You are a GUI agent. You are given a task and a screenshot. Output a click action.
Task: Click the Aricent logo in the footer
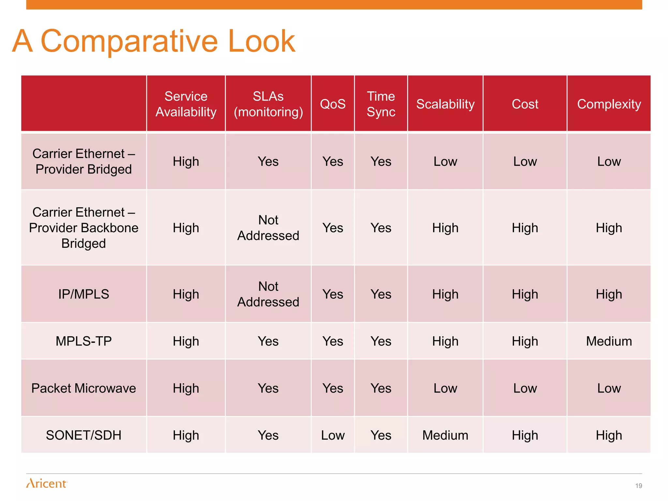pyautogui.click(x=47, y=483)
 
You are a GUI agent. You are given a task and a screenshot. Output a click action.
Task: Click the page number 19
pyautogui.click(x=638, y=486)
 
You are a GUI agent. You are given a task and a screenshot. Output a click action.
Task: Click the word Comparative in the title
pyautogui.click(x=129, y=41)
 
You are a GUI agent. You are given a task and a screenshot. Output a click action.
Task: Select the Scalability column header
pyautogui.click(x=445, y=104)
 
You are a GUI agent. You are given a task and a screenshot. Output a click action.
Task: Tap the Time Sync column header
pyautogui.click(x=381, y=104)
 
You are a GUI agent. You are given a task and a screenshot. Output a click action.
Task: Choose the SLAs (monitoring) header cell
pyautogui.click(x=268, y=104)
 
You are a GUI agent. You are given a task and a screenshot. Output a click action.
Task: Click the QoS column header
pyautogui.click(x=333, y=104)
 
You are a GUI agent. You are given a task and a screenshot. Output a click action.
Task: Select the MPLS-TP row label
pyautogui.click(x=83, y=341)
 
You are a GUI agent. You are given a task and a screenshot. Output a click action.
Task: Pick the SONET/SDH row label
pyautogui.click(x=83, y=435)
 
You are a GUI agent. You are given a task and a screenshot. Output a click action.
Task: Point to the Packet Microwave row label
pyautogui.click(x=83, y=388)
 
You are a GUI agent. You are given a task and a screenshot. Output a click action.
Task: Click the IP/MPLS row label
pyautogui.click(x=83, y=294)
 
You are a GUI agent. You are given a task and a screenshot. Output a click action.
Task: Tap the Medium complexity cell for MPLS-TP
pyautogui.click(x=609, y=341)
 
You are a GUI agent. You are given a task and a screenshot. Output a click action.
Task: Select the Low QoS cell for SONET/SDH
pyautogui.click(x=333, y=435)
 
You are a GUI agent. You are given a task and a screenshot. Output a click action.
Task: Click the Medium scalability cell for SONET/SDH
pyautogui.click(x=445, y=435)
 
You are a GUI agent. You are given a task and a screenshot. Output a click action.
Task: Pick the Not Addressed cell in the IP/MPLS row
pyautogui.click(x=268, y=294)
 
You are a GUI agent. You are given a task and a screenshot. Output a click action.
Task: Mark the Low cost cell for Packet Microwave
pyautogui.click(x=525, y=388)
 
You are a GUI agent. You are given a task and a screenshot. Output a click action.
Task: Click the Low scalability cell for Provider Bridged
pyautogui.click(x=445, y=161)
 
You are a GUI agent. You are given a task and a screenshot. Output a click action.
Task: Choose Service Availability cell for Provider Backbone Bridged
pyautogui.click(x=186, y=228)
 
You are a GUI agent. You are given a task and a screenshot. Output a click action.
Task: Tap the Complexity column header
pyautogui.click(x=609, y=104)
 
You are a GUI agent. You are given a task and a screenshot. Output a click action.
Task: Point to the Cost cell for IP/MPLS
pyautogui.click(x=525, y=294)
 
